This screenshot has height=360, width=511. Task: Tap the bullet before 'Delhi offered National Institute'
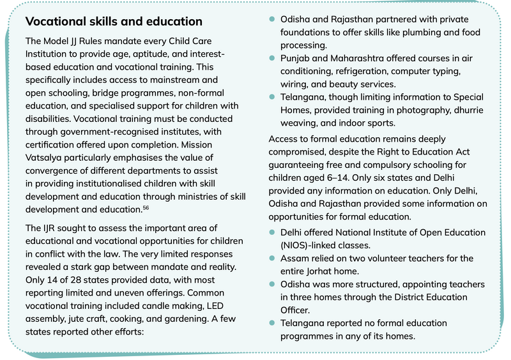click(x=273, y=232)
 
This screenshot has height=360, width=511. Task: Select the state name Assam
click(x=295, y=258)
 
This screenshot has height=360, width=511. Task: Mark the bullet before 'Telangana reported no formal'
click(x=273, y=323)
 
